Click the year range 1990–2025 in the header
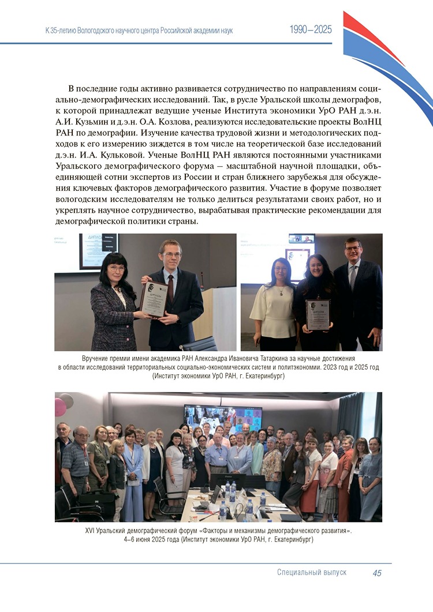pos(311,30)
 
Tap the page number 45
pos(377,573)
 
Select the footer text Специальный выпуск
pos(312,573)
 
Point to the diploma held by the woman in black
pos(317,314)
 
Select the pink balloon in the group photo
pos(60,406)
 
